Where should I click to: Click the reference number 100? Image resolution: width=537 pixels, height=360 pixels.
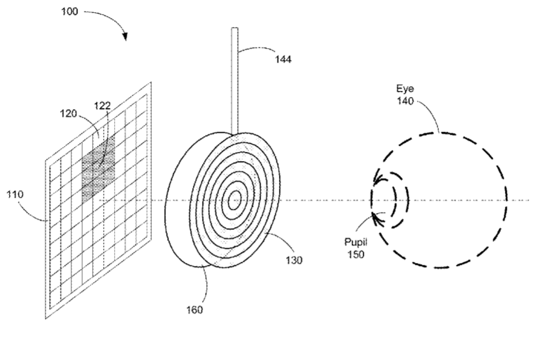pos(70,12)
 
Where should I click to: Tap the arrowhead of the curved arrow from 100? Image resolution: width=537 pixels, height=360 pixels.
pos(125,37)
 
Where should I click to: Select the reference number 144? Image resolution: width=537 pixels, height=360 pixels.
pos(283,60)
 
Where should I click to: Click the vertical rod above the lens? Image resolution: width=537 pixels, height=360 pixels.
pos(234,81)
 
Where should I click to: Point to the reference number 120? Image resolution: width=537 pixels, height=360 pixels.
pos(68,113)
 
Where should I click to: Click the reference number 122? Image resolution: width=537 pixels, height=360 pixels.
pos(103,106)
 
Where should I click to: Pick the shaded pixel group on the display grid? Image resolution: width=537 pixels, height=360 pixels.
pos(98,168)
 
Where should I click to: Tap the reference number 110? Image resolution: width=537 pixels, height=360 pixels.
pos(15,195)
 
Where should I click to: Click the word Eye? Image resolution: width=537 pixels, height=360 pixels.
pos(405,88)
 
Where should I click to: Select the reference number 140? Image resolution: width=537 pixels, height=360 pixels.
pos(405,101)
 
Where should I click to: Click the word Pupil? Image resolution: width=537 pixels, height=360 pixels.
pos(356,242)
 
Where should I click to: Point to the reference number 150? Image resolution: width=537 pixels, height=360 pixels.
pos(356,255)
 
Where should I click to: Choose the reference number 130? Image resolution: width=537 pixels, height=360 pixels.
pos(294,261)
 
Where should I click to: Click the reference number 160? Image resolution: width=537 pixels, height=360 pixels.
pos(195,310)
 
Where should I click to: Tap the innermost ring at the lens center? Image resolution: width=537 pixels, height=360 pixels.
pos(234,200)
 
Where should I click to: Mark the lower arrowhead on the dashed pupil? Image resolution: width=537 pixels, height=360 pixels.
pos(377,218)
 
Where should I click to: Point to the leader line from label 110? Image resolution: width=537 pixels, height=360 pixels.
pos(33,211)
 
